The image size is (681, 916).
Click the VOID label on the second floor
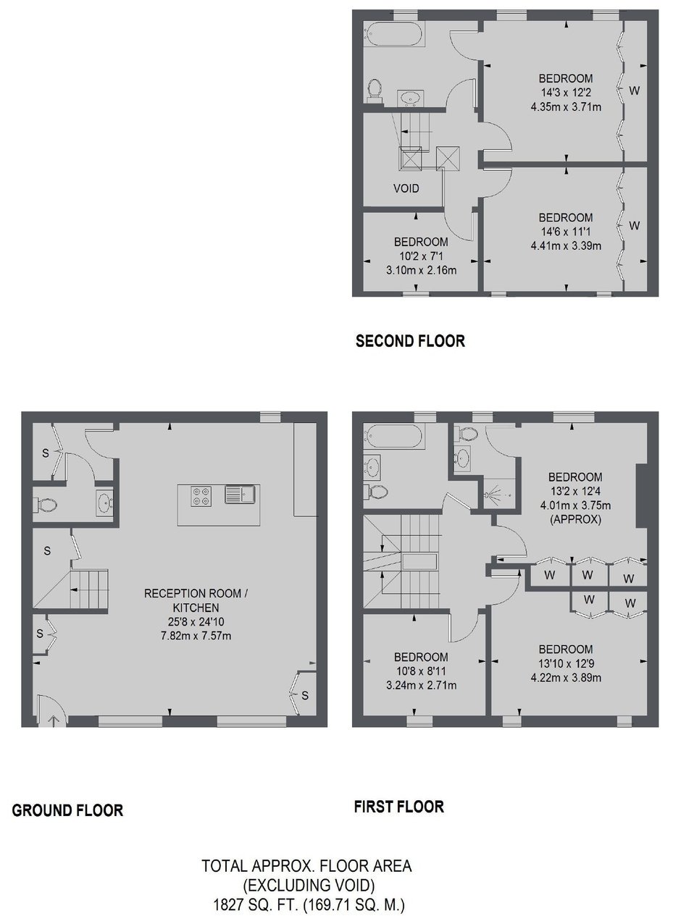click(406, 189)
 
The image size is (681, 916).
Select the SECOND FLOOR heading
click(410, 341)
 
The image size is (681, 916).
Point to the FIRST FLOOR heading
click(399, 818)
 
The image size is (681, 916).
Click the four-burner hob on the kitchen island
click(201, 496)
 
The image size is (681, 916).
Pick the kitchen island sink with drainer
click(241, 495)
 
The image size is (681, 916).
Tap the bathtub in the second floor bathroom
click(394, 34)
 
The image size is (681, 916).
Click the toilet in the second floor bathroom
click(375, 91)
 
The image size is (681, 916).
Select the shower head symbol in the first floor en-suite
click(490, 494)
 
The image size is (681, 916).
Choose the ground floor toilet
click(45, 505)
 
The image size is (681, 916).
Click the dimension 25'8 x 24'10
click(196, 621)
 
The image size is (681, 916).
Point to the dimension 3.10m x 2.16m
click(422, 271)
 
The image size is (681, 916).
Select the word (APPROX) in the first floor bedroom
click(575, 519)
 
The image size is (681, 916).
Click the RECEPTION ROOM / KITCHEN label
click(196, 600)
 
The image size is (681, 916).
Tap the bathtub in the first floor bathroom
click(394, 437)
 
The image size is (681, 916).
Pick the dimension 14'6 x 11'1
click(566, 232)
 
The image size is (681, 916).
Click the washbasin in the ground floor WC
click(104, 503)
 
